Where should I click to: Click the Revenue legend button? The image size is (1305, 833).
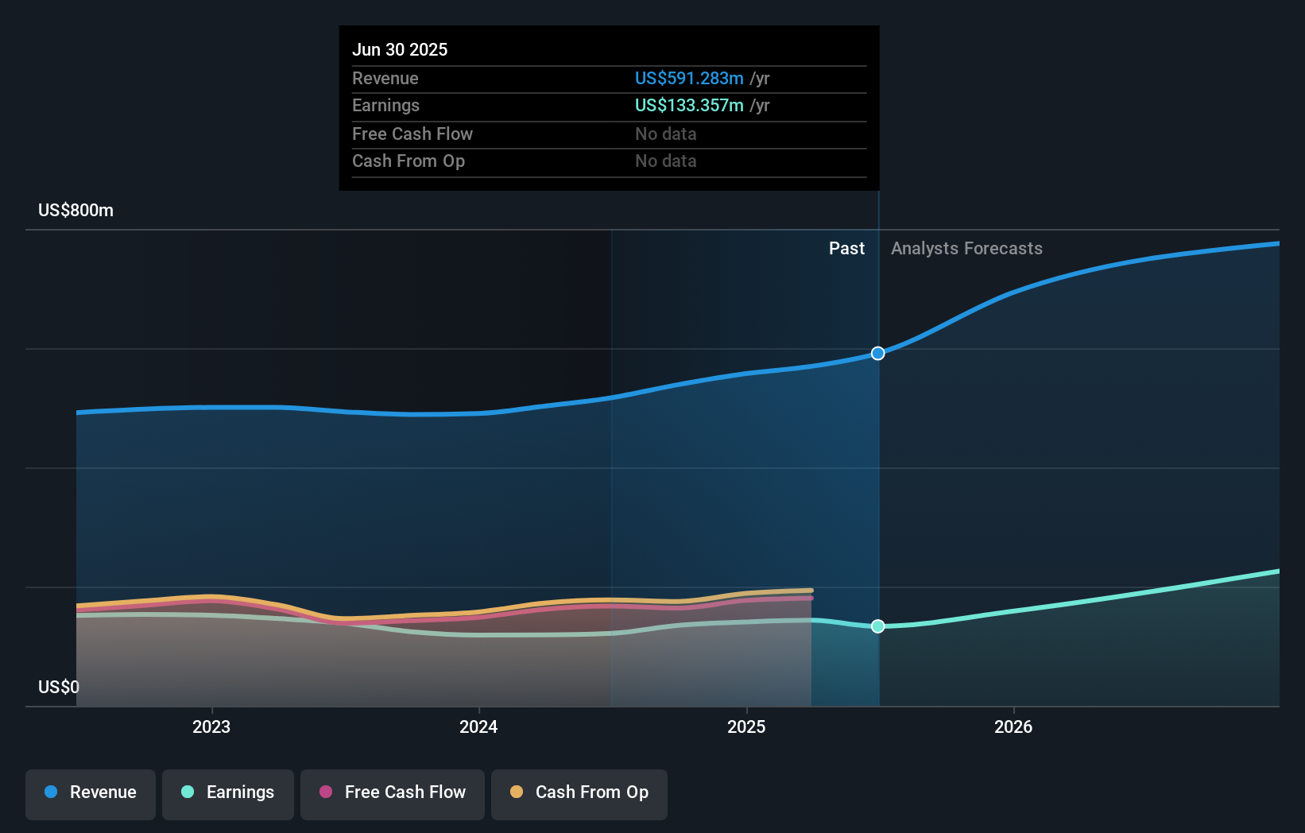coord(91,793)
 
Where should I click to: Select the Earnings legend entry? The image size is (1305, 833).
coord(228,793)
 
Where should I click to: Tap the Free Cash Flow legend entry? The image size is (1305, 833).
coord(393,793)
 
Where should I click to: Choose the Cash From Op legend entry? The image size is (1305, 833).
coord(579,793)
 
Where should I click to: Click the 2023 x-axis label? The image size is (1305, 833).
coord(211,727)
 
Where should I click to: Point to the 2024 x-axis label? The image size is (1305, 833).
coord(478,727)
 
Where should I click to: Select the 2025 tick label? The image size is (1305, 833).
coord(746,727)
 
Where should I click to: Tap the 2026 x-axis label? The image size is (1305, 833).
coord(1013,727)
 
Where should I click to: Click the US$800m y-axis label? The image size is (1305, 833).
coord(76,211)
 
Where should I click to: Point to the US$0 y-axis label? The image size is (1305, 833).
coord(59,688)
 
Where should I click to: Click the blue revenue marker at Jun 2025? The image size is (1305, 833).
coord(877,354)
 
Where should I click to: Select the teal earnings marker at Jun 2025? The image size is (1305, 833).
coord(877,626)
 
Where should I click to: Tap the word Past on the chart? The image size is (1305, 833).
coord(846,249)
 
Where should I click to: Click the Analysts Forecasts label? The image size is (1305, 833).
coord(966,249)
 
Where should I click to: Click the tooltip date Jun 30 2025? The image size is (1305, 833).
coord(400,50)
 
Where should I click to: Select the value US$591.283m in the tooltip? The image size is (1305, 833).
coord(689,79)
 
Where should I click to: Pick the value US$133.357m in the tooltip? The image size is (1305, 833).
coord(689,106)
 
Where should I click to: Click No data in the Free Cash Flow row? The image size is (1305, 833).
coord(666,134)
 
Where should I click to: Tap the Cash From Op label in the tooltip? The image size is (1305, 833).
coord(409,161)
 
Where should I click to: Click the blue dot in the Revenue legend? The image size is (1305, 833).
coord(51,792)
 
